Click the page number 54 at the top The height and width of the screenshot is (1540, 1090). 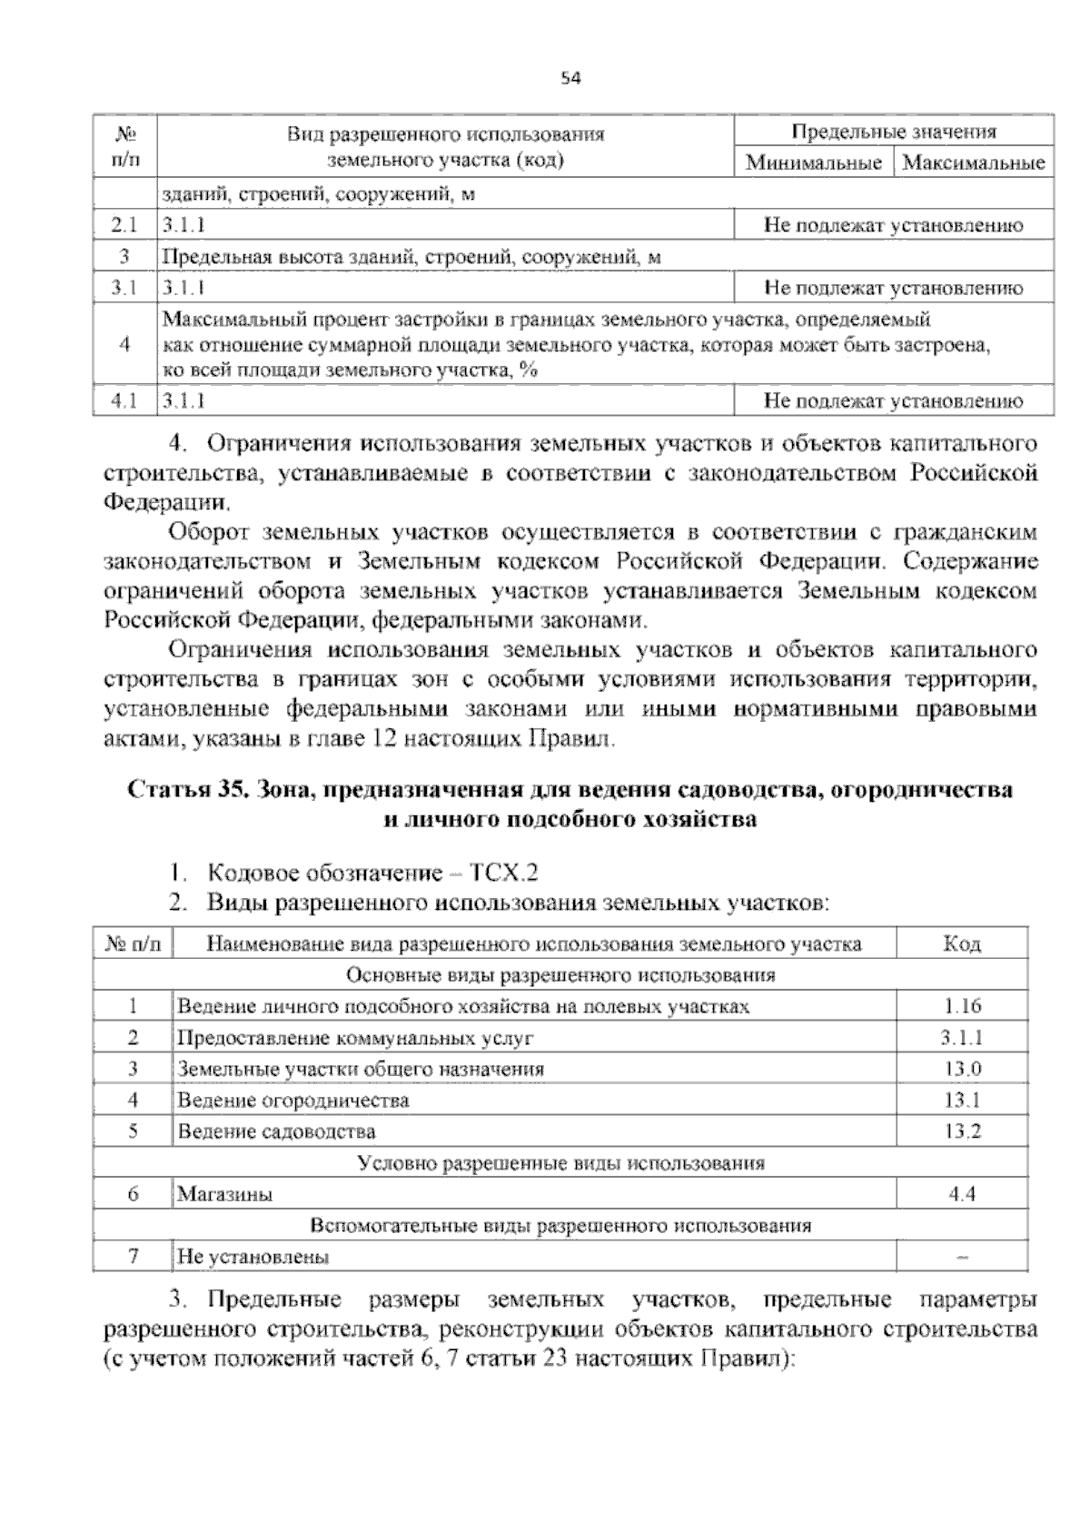coord(570,78)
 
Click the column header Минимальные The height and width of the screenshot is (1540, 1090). coord(814,163)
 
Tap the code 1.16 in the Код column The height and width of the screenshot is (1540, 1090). coord(962,1006)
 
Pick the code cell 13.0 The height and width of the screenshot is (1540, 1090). coord(962,1069)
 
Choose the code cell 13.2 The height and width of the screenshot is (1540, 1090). coord(962,1131)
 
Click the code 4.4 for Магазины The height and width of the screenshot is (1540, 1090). coord(962,1194)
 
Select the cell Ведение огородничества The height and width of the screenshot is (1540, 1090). coord(292,1101)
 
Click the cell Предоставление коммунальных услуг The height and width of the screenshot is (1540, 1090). coord(355,1038)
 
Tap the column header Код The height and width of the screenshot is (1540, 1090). coord(962,944)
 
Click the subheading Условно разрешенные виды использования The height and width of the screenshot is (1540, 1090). coord(560,1163)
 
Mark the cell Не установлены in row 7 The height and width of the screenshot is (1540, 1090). coord(253,1257)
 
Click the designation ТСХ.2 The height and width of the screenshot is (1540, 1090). coord(504,874)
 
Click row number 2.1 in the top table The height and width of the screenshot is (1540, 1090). coord(124,225)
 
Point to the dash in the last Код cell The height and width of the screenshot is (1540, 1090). coord(962,1258)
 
